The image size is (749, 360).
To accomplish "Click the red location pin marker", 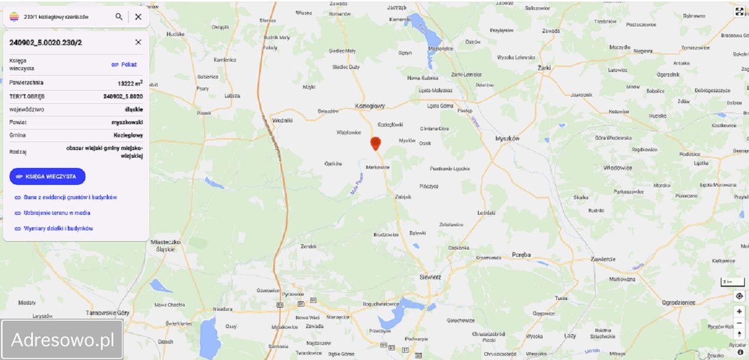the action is pos(376,143).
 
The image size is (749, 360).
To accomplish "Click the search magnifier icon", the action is pos(119,17).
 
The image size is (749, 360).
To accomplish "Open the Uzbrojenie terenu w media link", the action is pos(57,213).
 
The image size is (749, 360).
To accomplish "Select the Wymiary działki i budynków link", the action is pos(58,229).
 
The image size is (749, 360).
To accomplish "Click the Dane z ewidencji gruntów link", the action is pos(70,197).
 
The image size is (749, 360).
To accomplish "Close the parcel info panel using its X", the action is pos(138,42).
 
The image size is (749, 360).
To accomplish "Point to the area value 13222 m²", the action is pos(130,83).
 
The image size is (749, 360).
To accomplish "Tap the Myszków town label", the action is pos(507,139).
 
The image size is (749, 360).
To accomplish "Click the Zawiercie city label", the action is pos(603,259).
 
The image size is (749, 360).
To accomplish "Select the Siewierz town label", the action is pos(430,277).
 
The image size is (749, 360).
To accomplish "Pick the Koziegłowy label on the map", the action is pos(370,106).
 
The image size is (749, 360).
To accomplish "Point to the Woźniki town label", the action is pos(282,120).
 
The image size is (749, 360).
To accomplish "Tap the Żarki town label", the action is pos(544,68).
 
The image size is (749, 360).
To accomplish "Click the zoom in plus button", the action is pos(739,311).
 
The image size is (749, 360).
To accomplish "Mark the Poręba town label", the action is pos(522,255).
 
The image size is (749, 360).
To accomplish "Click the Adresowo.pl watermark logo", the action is pos(62,340).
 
